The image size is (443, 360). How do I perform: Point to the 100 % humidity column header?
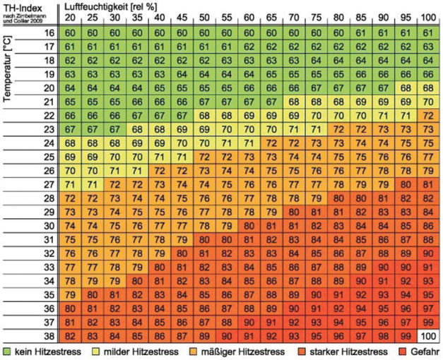[x=427, y=17]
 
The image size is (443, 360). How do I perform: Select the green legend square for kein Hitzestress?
[x=8, y=351]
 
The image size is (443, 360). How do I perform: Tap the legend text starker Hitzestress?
[x=349, y=351]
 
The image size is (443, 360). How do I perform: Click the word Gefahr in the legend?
[x=424, y=351]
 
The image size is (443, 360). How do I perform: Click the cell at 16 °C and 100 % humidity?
[x=427, y=33]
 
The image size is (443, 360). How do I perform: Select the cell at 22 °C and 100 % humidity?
[x=427, y=114]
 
